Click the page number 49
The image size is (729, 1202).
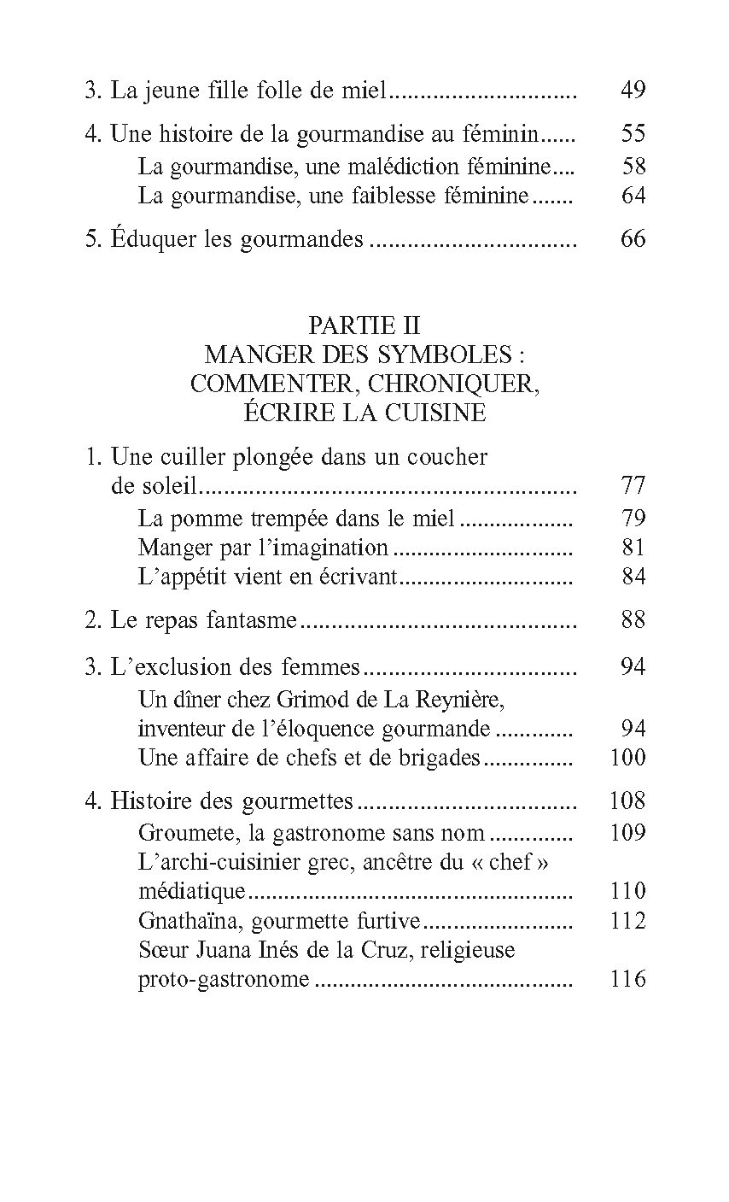633,90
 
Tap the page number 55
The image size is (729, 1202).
633,134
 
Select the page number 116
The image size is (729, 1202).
628,979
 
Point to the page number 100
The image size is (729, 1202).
628,758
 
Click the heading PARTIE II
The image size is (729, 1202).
364,325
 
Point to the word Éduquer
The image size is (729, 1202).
146,239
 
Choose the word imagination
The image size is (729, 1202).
336,548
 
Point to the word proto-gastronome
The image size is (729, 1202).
224,980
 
